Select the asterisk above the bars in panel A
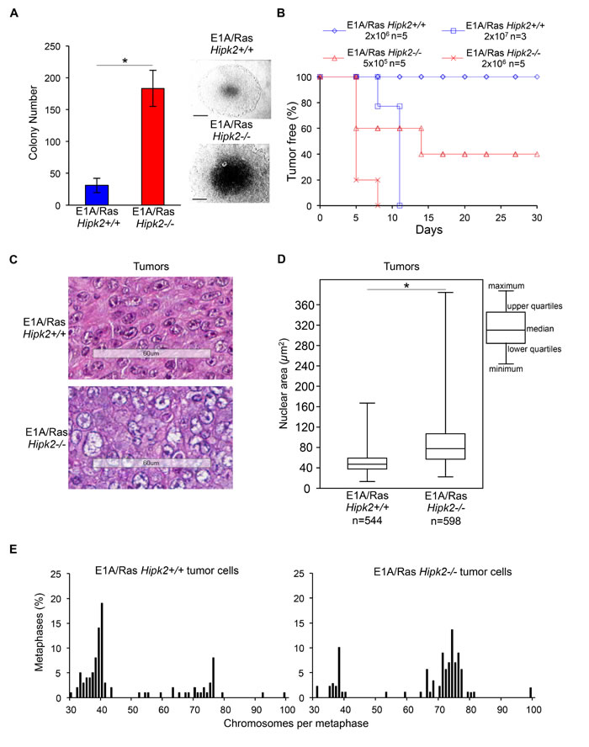pos(125,60)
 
